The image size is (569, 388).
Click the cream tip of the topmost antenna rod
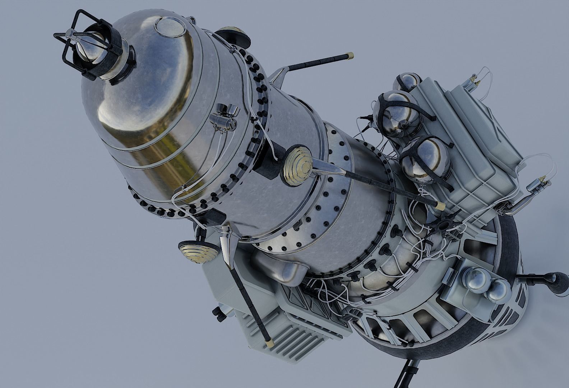click(350, 56)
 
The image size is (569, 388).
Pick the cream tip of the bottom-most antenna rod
click(270, 340)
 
